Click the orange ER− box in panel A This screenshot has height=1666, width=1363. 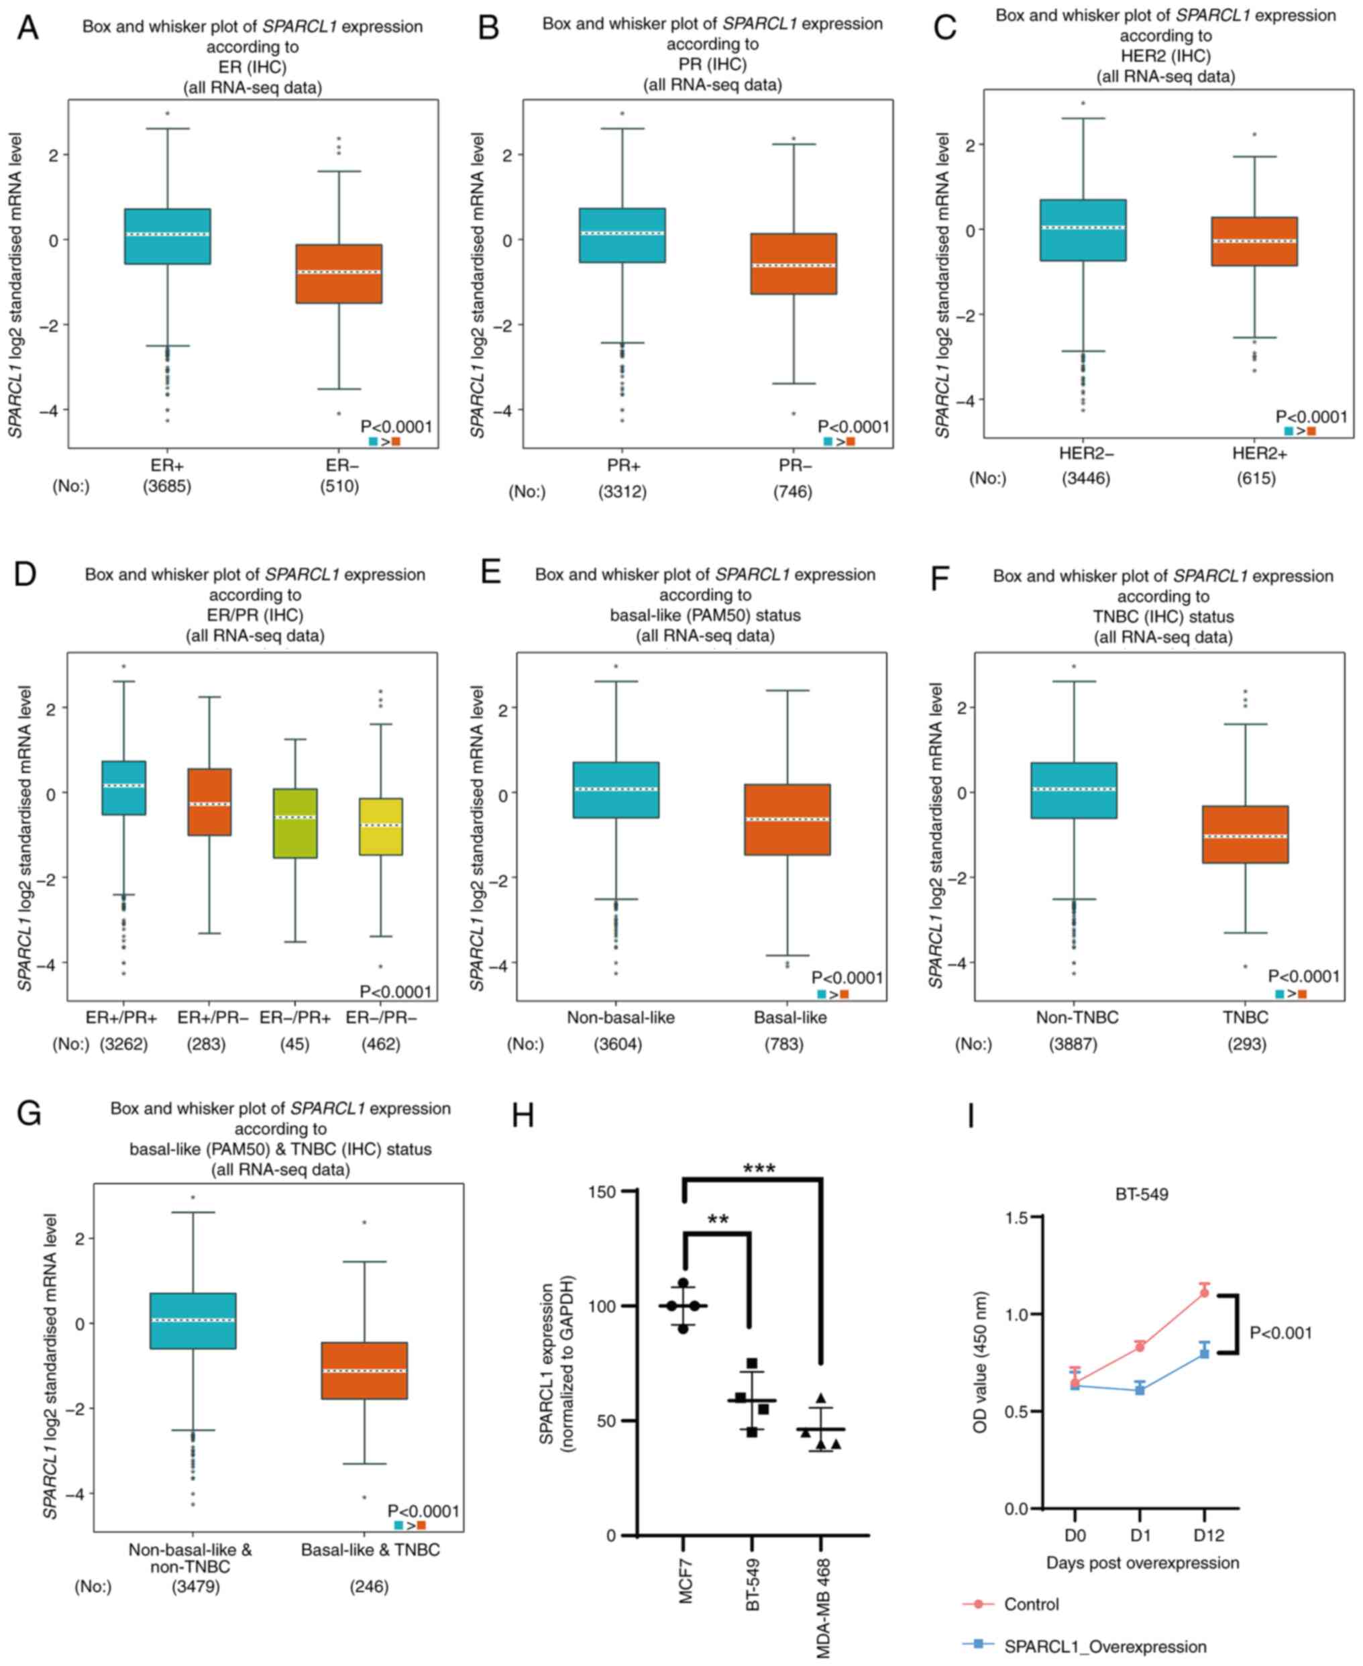338,273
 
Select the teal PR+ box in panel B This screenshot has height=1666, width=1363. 622,235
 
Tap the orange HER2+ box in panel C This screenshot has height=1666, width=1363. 1254,241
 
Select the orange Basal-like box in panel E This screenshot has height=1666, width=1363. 787,819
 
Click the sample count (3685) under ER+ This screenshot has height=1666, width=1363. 166,486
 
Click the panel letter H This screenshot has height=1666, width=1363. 523,1114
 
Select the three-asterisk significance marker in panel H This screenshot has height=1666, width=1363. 759,1169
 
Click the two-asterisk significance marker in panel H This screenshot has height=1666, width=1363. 718,1220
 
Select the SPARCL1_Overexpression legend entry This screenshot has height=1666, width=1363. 1103,1647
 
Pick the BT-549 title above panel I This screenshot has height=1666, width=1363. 1142,1195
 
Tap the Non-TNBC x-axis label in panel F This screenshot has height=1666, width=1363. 1077,1017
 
